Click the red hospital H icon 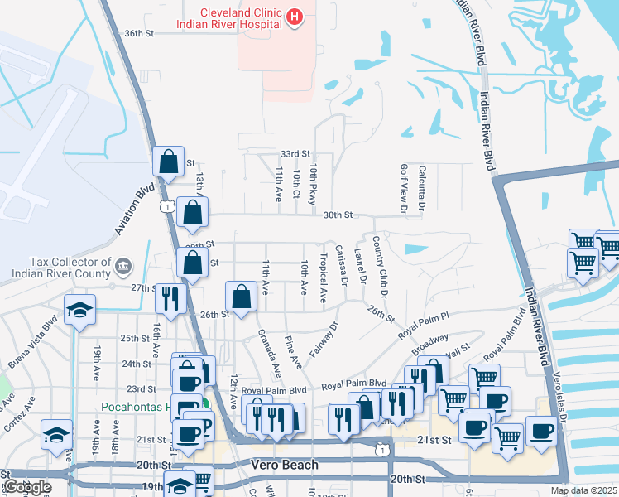pos(294,16)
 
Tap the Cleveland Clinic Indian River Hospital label pos(230,17)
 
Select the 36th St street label pos(139,33)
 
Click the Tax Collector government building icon pos(122,266)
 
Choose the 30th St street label pos(338,215)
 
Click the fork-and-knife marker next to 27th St pos(170,298)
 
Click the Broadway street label pos(429,340)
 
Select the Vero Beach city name pos(284,466)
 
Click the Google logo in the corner pos(27,487)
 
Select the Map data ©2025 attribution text pos(583,490)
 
